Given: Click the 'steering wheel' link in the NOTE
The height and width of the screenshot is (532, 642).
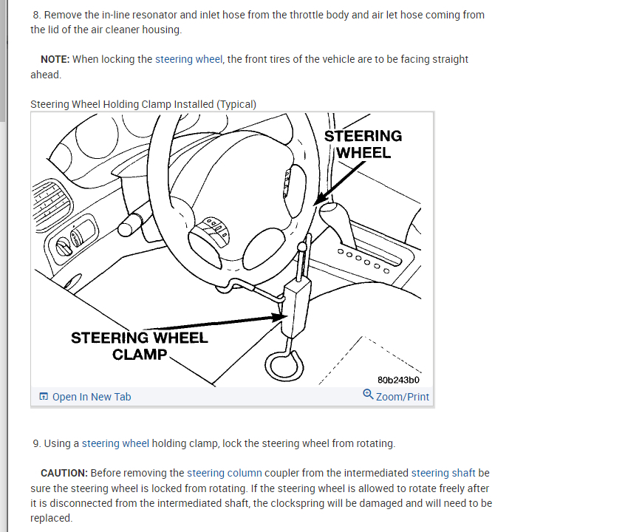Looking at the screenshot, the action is (x=188, y=59).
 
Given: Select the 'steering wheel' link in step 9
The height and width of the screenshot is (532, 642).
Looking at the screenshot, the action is (x=115, y=443).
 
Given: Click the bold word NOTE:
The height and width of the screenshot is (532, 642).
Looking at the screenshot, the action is (x=55, y=59).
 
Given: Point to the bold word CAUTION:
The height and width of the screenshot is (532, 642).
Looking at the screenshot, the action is (x=64, y=473).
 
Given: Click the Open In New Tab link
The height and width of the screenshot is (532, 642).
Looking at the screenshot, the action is (x=92, y=397).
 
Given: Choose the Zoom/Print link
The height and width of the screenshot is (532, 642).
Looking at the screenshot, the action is (x=402, y=397).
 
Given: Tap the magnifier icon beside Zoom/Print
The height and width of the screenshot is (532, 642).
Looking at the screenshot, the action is (x=368, y=395).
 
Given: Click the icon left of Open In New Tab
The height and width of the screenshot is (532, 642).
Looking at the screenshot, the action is (x=44, y=397).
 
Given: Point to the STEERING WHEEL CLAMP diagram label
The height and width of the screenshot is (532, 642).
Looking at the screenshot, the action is (x=140, y=346).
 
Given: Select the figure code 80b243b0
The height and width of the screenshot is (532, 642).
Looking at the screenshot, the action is (x=398, y=380).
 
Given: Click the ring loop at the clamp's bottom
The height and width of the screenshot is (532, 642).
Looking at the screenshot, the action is (x=284, y=363).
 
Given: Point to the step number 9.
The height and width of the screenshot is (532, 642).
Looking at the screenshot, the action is (x=36, y=443).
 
